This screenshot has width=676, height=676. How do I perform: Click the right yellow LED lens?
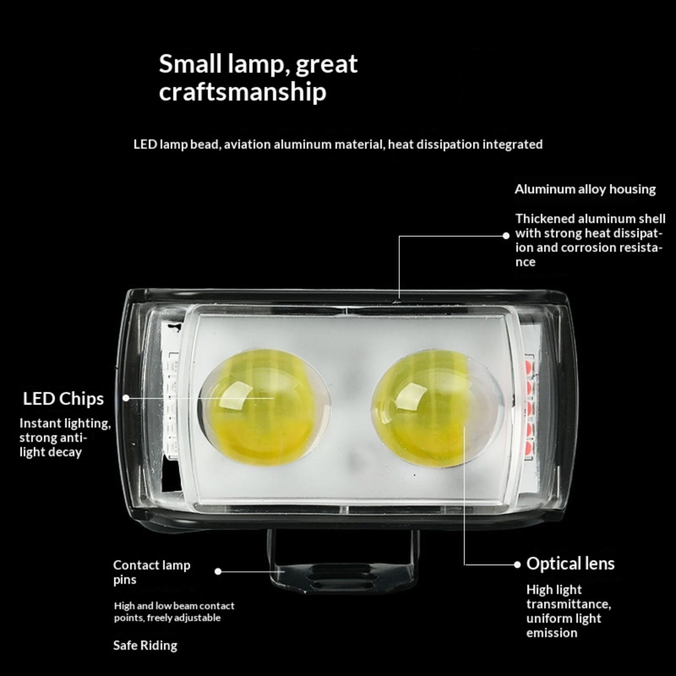(x=437, y=410)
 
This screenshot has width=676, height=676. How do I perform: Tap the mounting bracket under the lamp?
(x=343, y=562)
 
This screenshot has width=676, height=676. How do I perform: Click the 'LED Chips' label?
(x=63, y=399)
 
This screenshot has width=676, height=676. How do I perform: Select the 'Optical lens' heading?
(x=570, y=564)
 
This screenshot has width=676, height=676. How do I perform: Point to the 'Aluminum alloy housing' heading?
(x=585, y=189)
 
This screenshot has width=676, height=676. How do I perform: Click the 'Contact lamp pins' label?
(x=152, y=572)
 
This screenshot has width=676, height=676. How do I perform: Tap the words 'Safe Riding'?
(x=145, y=646)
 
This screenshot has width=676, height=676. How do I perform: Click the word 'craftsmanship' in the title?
(x=243, y=92)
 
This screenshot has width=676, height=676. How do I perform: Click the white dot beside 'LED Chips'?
(x=126, y=398)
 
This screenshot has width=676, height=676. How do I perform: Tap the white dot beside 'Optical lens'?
(x=517, y=564)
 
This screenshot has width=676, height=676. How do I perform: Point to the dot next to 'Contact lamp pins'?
(x=218, y=572)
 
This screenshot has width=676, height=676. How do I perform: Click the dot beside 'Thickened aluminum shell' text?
(x=506, y=236)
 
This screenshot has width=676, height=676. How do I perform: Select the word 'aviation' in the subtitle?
(x=247, y=144)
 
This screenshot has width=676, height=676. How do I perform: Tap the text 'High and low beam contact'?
(x=174, y=606)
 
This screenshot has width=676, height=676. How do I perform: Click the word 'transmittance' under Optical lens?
(x=569, y=604)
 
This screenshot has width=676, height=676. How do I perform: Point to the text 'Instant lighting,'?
(x=65, y=423)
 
